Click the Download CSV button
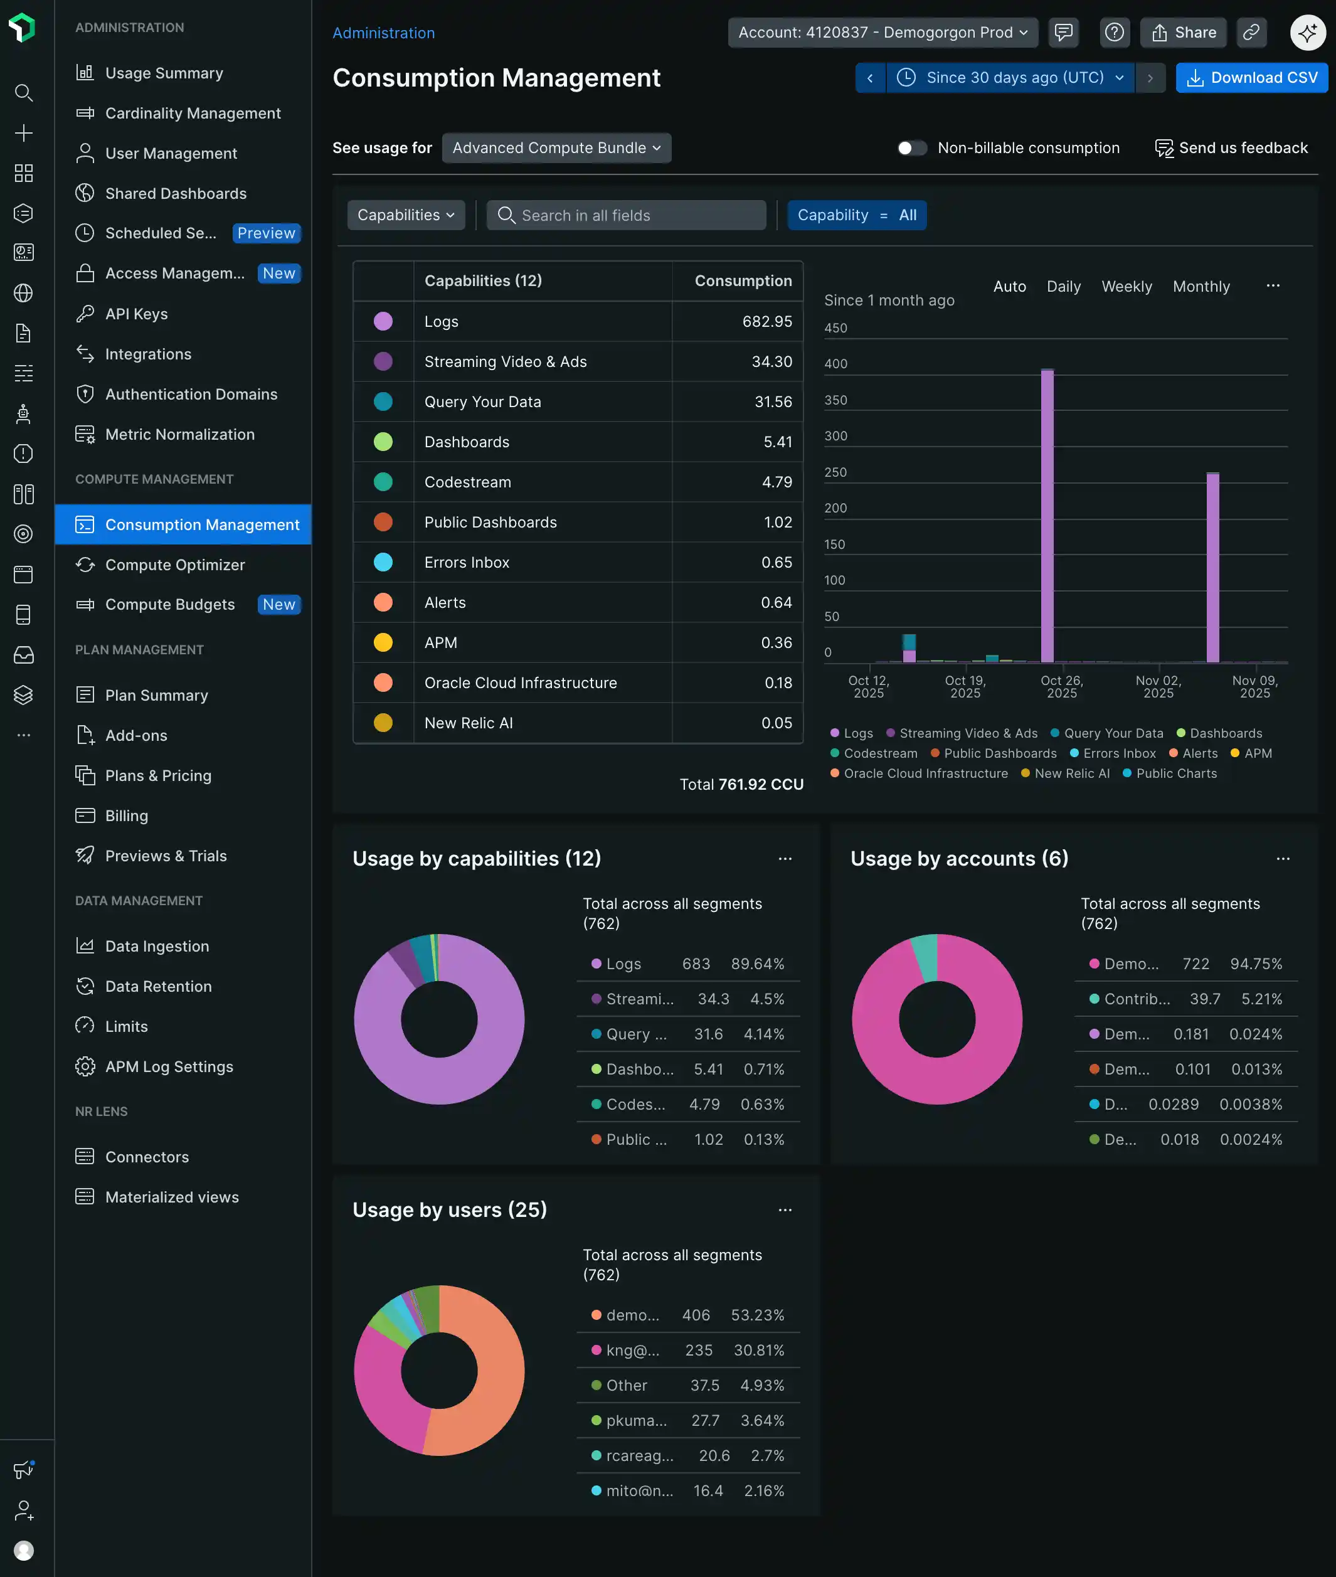point(1251,78)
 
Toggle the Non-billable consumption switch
point(912,147)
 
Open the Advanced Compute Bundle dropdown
point(556,147)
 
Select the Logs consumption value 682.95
point(766,321)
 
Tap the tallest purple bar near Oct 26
point(1047,515)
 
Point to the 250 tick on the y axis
point(835,472)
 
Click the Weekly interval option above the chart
point(1127,286)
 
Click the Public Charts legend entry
point(1175,773)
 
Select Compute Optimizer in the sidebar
point(175,565)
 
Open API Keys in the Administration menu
point(136,314)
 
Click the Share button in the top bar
point(1183,33)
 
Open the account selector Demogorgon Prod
point(883,33)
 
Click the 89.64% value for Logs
point(756,964)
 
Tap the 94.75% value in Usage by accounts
point(1255,964)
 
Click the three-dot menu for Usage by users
point(785,1209)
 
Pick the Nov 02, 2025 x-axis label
point(1158,686)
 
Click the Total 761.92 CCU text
point(741,784)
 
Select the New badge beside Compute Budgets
point(278,605)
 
